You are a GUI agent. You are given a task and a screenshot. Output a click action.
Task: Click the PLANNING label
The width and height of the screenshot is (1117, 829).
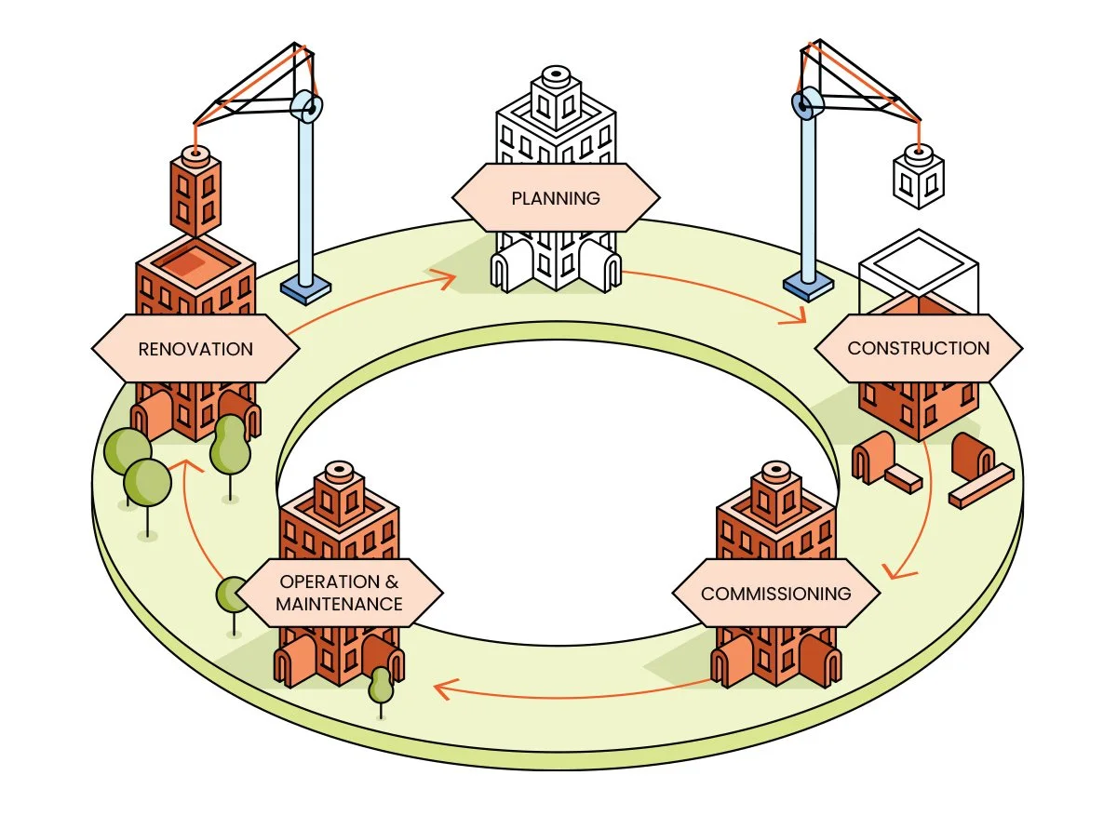pos(556,198)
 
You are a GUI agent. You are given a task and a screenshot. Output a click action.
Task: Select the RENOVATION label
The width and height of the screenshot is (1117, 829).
pos(195,349)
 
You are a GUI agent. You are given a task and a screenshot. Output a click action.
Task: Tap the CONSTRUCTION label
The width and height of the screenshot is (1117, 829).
pos(918,348)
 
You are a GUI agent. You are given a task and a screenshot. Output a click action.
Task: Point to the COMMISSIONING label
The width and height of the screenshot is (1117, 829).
pos(776,594)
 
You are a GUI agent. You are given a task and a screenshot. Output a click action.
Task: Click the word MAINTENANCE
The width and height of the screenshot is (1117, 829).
pos(339,604)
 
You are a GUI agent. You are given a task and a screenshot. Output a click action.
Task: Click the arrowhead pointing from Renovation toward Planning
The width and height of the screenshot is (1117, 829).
pos(445,279)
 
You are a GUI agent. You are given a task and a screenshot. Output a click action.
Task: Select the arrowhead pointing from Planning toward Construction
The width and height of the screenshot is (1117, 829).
pos(794,314)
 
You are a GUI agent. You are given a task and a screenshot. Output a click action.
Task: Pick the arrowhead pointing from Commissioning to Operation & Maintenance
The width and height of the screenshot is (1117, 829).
pos(445,689)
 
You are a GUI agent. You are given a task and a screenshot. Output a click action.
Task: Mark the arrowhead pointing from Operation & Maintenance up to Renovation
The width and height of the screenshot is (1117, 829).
pos(185,465)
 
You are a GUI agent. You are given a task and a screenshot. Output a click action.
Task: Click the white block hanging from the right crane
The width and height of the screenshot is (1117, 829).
pos(919,176)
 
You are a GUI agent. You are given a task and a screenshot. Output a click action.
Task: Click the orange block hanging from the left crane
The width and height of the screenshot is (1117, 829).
pos(195,192)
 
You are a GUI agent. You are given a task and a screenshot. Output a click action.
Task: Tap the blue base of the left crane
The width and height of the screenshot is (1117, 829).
pos(305,290)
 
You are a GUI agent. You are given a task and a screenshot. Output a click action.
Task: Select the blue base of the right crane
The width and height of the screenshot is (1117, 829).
pos(808,287)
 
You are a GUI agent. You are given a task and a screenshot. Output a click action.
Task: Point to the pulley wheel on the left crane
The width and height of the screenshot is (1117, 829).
pos(306,106)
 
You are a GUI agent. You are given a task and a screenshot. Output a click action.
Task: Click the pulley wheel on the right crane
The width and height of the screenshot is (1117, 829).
pos(807,103)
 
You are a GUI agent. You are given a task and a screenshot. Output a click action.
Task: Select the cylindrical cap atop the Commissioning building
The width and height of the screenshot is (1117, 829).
pos(776,472)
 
